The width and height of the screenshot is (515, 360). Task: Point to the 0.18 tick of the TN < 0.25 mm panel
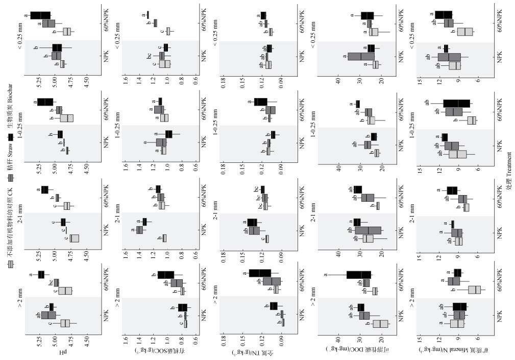tap(223, 80)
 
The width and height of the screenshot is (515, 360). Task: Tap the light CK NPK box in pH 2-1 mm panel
tap(75, 238)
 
